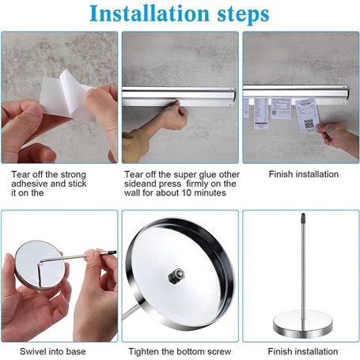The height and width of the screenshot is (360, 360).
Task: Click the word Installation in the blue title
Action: point(150,13)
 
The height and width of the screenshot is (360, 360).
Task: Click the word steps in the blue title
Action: point(243,15)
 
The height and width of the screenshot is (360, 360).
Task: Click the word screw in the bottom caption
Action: point(219,351)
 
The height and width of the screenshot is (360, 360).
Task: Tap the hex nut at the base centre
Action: point(176,276)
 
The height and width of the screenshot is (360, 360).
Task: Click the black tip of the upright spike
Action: point(303,217)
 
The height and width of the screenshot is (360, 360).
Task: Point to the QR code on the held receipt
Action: point(309,123)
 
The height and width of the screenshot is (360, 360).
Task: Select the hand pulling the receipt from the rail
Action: point(335,135)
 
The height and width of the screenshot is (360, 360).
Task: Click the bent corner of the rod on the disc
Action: point(40,263)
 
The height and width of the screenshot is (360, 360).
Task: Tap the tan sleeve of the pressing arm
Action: point(134,145)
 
